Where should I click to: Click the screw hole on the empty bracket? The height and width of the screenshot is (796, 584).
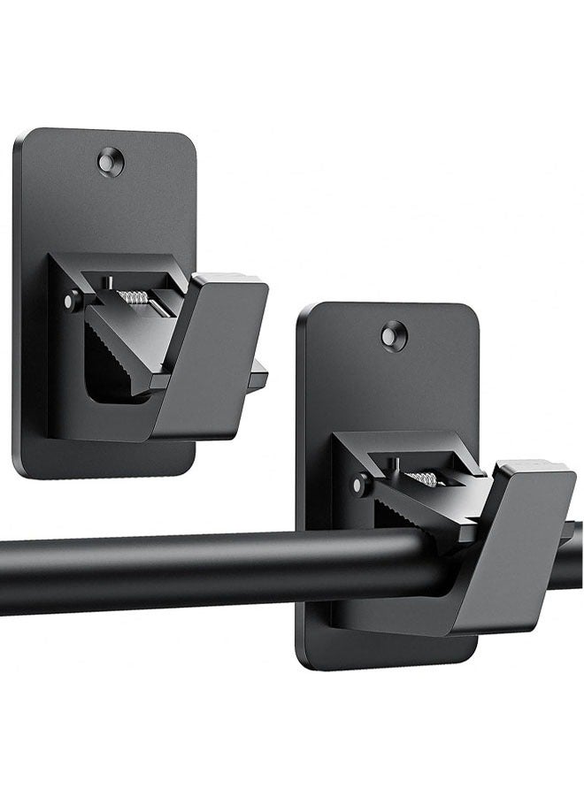pyautogui.click(x=111, y=162)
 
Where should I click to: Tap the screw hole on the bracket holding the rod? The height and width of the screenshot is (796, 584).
pyautogui.click(x=395, y=335)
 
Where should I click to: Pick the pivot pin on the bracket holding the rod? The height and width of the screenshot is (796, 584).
pyautogui.click(x=359, y=484)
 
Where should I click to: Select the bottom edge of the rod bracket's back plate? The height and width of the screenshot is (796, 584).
pyautogui.click(x=389, y=664)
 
